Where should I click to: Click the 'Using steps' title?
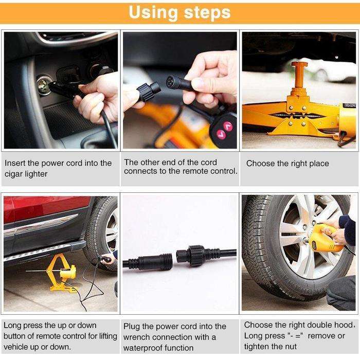179,12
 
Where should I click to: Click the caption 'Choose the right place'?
287,164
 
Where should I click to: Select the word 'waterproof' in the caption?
144,348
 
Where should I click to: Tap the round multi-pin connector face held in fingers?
172,81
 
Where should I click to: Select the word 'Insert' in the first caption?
15,163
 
